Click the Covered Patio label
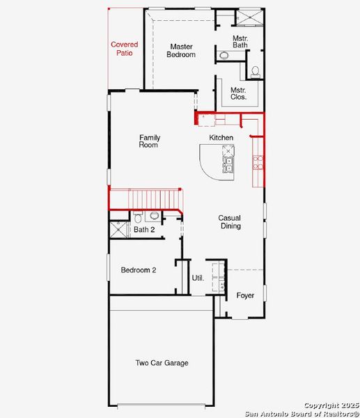click(x=125, y=48)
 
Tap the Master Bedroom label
click(x=180, y=51)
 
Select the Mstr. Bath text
click(x=240, y=41)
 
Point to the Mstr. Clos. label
click(x=238, y=93)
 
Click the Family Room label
click(x=150, y=141)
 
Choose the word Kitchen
click(x=221, y=138)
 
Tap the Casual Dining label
click(x=230, y=222)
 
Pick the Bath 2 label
click(x=144, y=229)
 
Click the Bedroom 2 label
click(x=139, y=270)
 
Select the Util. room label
click(x=198, y=278)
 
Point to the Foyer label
click(x=245, y=295)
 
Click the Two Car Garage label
click(x=162, y=363)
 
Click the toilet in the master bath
click(x=255, y=71)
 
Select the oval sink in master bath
click(x=224, y=55)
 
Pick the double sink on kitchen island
click(x=228, y=164)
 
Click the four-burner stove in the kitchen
click(x=258, y=162)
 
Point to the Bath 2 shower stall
click(x=119, y=230)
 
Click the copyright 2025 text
click(x=331, y=405)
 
